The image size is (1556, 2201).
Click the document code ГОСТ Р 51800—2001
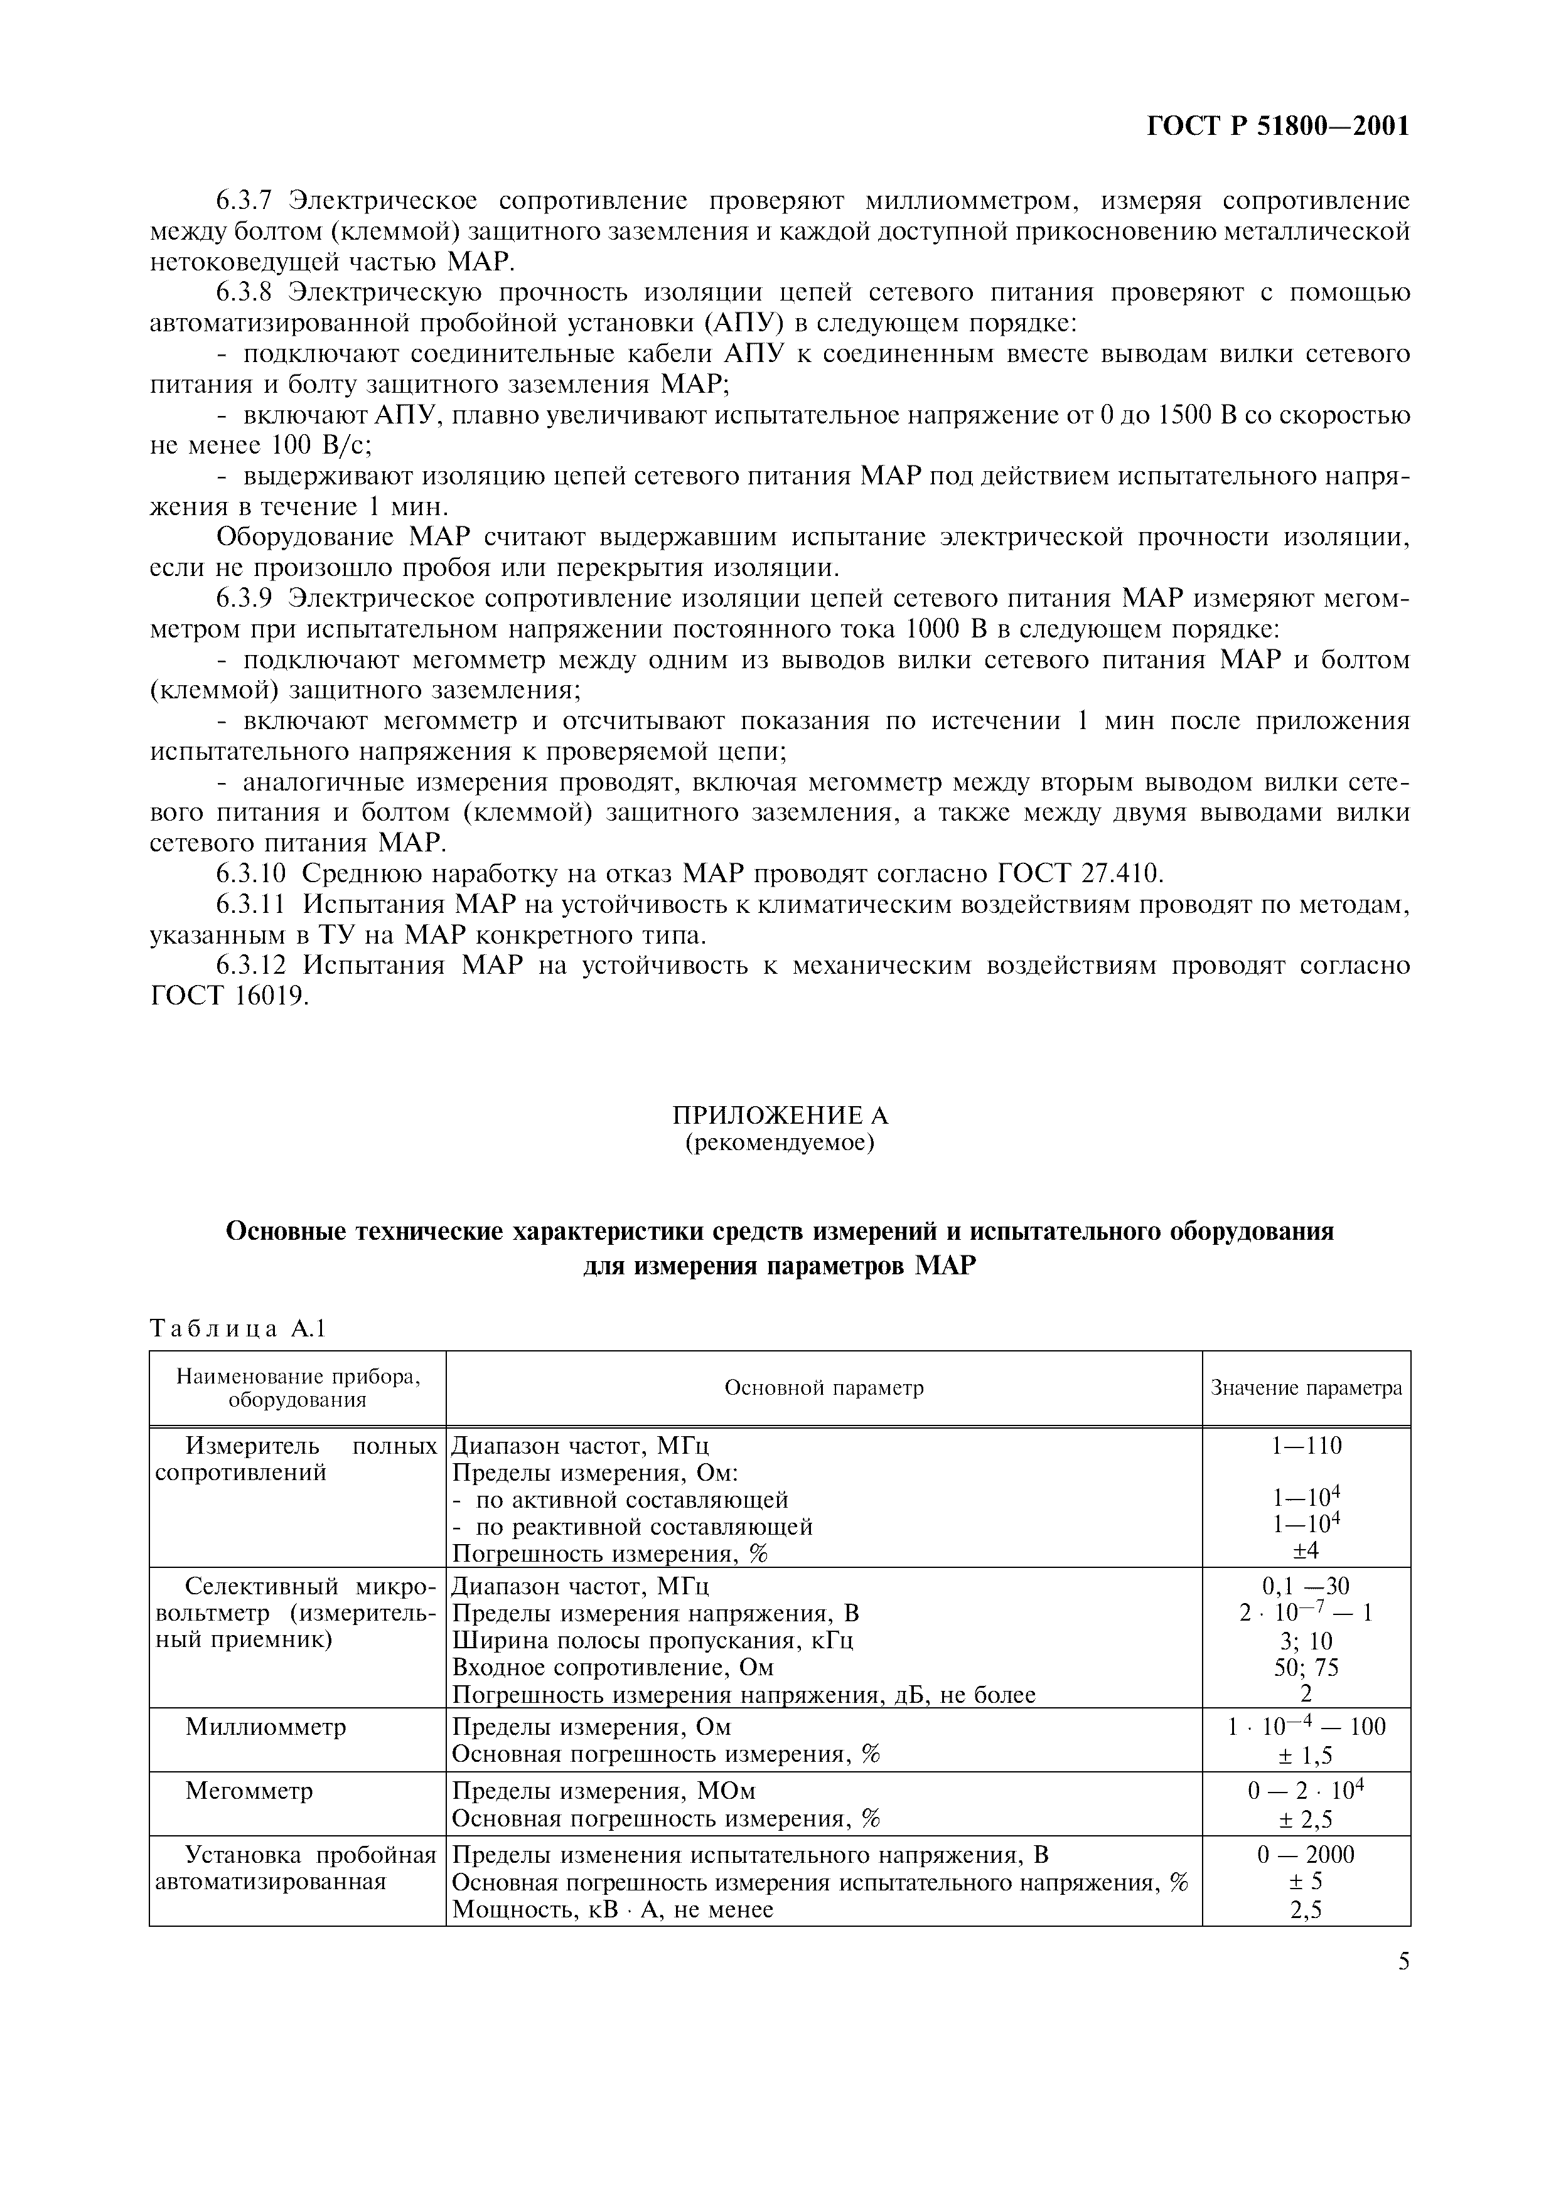pos(1278,127)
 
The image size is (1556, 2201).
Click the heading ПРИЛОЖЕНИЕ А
pos(780,1115)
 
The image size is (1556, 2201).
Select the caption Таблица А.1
pos(238,1329)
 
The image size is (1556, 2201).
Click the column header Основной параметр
pos(824,1388)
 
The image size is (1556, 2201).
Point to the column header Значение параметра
pos(1306,1388)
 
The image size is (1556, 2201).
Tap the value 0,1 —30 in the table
pos(1306,1587)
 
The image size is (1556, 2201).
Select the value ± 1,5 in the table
pos(1306,1756)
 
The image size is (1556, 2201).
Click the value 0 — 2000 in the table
pos(1306,1855)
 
